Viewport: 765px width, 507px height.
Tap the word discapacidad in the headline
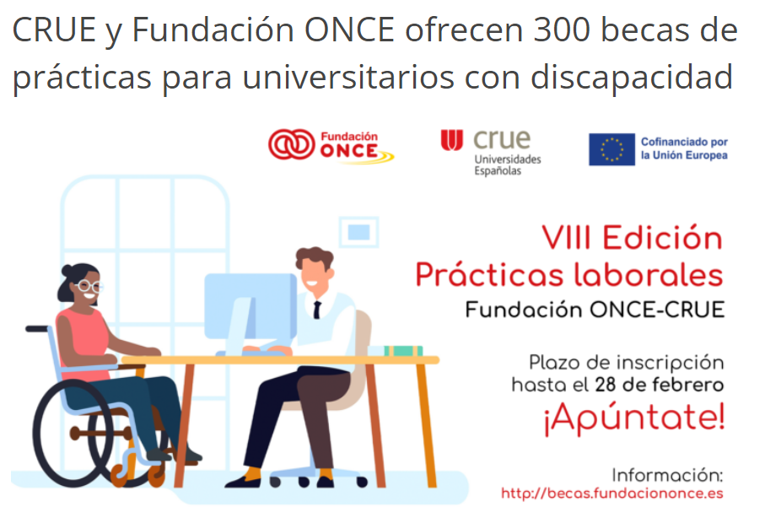pyautogui.click(x=632, y=77)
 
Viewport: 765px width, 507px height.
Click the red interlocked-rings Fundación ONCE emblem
pyautogui.click(x=291, y=144)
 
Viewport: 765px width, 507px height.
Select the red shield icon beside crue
pyautogui.click(x=452, y=140)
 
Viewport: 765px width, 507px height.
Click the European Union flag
pyautogui.click(x=611, y=149)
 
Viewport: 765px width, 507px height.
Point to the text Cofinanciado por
pyautogui.click(x=684, y=142)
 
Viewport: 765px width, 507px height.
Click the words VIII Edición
pyautogui.click(x=633, y=238)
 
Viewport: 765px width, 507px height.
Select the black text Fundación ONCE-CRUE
pyautogui.click(x=595, y=310)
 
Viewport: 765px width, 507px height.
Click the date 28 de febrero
pyautogui.click(x=659, y=385)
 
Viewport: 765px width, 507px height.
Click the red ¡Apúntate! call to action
pyautogui.click(x=634, y=418)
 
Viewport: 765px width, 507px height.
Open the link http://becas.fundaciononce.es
pyautogui.click(x=612, y=494)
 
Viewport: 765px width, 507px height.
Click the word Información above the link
pyautogui.click(x=667, y=475)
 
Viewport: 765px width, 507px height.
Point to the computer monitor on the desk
pyautogui.click(x=250, y=306)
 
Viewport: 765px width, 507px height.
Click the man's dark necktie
pyautogui.click(x=317, y=310)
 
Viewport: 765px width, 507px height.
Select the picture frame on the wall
pyautogui.click(x=358, y=232)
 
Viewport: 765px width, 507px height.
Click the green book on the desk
pyautogui.click(x=403, y=351)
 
